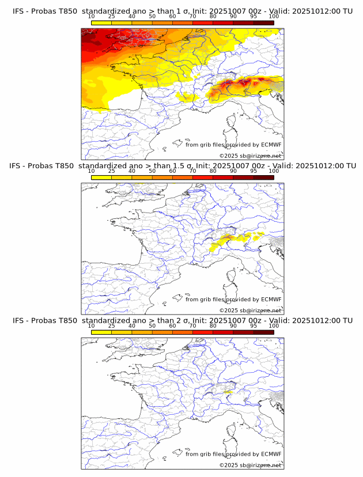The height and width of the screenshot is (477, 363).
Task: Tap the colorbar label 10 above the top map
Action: [x=91, y=16]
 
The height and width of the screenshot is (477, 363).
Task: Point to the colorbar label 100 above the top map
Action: [x=274, y=16]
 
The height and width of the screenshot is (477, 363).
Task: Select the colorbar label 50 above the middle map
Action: [x=152, y=171]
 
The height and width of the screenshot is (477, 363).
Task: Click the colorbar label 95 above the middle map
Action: [x=254, y=171]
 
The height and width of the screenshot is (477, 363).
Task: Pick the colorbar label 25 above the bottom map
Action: [x=111, y=325]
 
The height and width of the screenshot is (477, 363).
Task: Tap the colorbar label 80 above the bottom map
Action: [x=213, y=325]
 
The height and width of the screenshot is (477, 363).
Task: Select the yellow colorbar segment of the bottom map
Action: [x=101, y=332]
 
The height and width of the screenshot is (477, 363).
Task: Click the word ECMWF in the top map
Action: [x=271, y=145]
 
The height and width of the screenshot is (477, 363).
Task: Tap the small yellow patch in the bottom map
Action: [x=228, y=392]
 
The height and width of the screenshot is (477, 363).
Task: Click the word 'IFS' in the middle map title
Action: [x=18, y=166]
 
